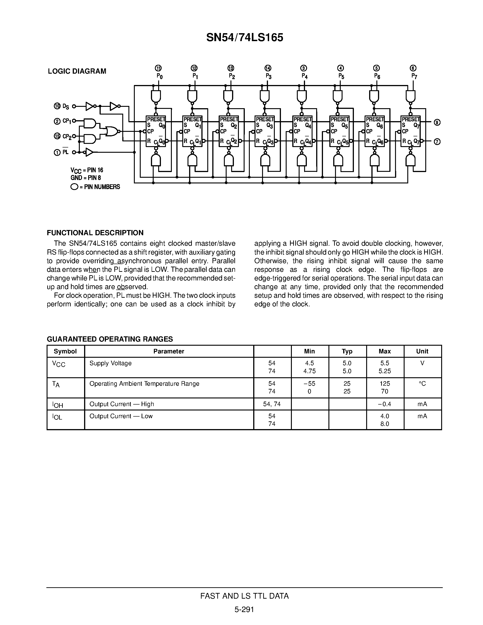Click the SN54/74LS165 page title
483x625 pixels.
pos(245,37)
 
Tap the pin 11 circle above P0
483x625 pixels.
pos(158,68)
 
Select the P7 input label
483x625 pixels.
pos(414,76)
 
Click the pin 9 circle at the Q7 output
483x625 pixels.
pos(437,122)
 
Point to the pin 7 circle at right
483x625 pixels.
pos(437,142)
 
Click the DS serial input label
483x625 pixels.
pos(65,107)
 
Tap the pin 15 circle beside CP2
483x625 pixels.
pos(57,136)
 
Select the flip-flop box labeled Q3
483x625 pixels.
pos(265,131)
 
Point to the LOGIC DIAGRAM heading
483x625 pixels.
pos(77,71)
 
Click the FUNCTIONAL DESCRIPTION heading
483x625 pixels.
pos(95,233)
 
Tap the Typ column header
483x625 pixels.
pos(347,351)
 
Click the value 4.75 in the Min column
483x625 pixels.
pos(309,371)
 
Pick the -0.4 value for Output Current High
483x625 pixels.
pos(384,404)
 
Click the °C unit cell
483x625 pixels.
pos(422,383)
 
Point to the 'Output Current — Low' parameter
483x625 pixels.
pos(121,416)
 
